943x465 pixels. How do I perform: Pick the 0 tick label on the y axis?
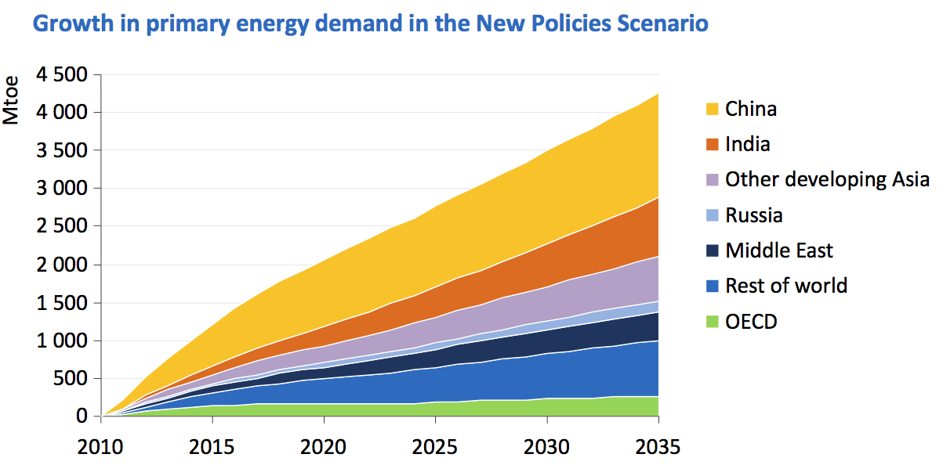[82, 416]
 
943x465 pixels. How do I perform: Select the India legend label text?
[748, 144]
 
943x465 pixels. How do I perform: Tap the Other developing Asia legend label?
[827, 180]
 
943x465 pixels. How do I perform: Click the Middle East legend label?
[779, 251]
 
